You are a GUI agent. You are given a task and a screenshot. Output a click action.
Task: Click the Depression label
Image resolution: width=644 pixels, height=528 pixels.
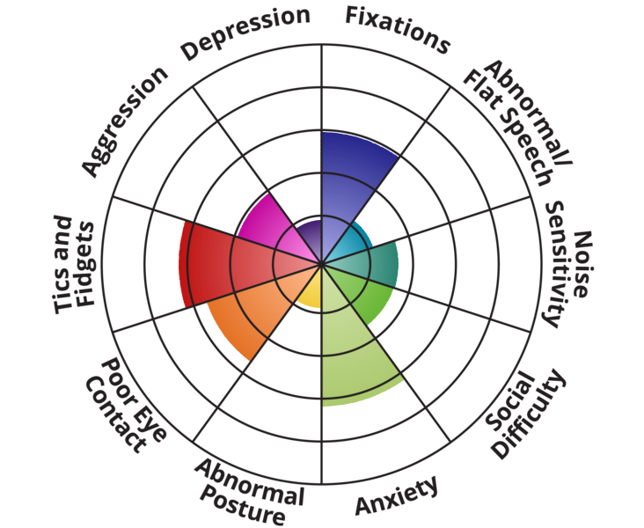pos(245,32)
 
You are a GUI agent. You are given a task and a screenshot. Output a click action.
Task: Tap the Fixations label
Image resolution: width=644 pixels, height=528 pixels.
pos(398,29)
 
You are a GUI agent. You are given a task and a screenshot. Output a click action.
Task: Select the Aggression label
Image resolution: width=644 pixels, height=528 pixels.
pos(124,121)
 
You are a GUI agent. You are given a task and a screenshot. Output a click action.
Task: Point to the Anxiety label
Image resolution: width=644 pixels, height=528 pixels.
pos(397,495)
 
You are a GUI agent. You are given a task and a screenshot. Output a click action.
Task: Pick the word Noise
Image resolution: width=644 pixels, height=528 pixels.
pos(582,264)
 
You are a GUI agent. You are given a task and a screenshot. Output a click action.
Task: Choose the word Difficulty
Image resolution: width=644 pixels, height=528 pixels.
pos(530,414)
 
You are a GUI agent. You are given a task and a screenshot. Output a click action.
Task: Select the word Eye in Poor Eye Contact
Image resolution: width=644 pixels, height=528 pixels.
pos(147,424)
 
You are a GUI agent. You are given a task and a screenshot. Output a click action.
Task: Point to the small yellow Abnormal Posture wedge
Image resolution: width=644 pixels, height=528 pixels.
pos(310,294)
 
